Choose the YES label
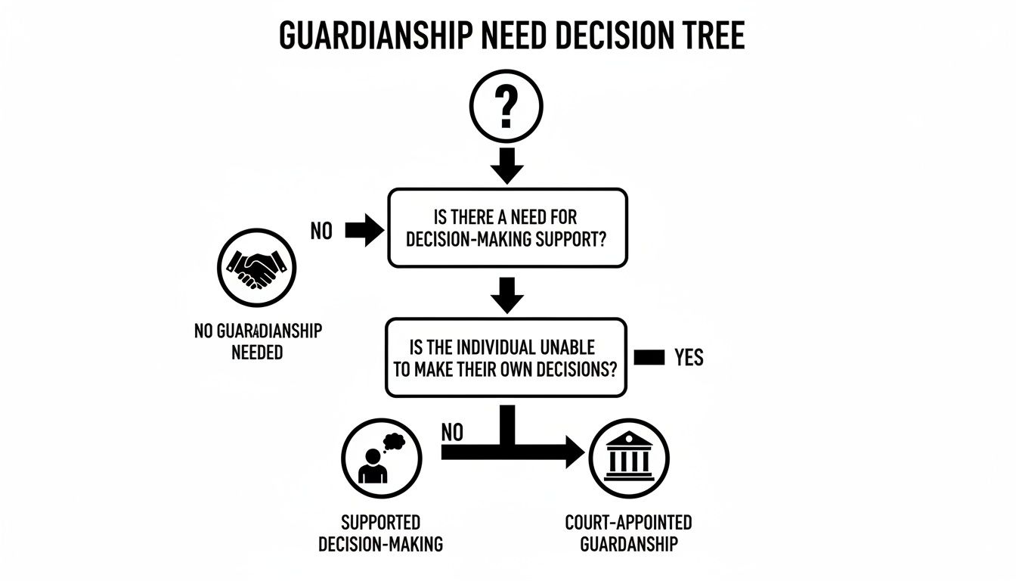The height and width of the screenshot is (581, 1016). tap(689, 357)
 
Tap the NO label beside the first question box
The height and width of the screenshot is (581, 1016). tap(321, 231)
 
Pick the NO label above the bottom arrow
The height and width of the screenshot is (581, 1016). tap(451, 432)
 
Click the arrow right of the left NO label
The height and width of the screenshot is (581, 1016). tap(364, 231)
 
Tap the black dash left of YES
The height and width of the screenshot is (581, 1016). tap(649, 357)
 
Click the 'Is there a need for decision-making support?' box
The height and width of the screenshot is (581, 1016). tap(507, 228)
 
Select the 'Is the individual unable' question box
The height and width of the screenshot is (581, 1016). tap(506, 358)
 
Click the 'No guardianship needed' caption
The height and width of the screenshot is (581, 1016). tap(257, 341)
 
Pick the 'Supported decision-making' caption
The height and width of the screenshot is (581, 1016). tap(380, 533)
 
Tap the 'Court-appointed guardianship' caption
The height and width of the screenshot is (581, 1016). tap(628, 533)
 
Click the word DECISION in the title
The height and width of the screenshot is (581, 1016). tap(590, 36)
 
